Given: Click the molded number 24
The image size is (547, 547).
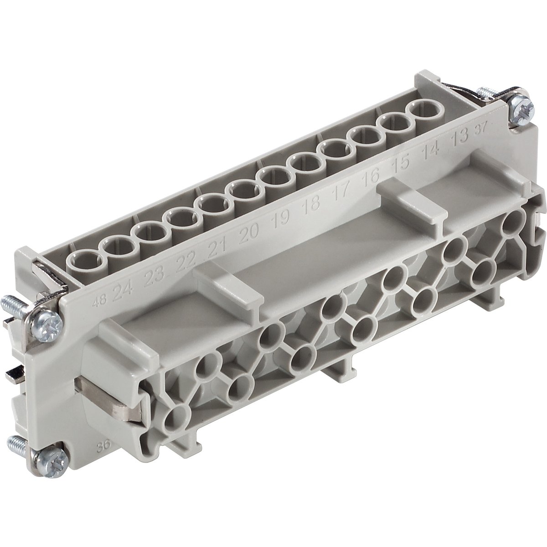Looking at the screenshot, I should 121,289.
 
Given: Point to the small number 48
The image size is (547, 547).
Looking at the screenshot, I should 97,301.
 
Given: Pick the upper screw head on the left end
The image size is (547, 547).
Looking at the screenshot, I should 47,322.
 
